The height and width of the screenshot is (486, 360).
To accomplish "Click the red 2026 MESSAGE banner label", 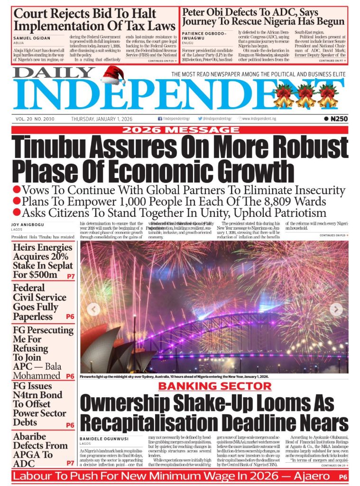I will click(x=180, y=130).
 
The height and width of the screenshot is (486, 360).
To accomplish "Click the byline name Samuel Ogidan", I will click(x=31, y=38).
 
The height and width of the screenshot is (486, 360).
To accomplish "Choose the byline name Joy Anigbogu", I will click(x=29, y=225).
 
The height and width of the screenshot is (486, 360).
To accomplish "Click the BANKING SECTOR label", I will click(x=214, y=386).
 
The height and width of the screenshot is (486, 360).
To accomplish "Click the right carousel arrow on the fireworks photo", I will click(x=336, y=309).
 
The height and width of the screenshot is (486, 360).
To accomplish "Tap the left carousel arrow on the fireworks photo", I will click(x=93, y=309).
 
